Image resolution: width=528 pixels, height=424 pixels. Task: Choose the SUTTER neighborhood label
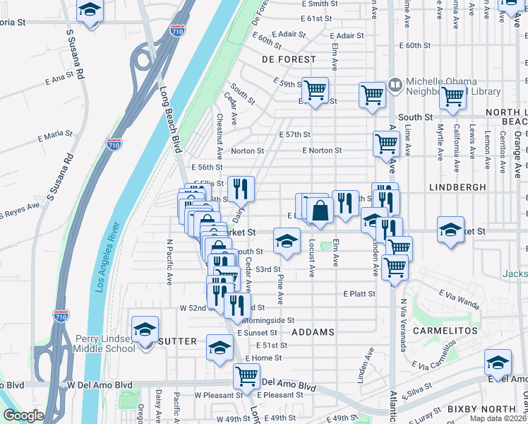[178, 341]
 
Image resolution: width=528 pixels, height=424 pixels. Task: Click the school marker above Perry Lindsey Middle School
[145, 330]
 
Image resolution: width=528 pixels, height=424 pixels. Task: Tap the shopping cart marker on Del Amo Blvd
[246, 375]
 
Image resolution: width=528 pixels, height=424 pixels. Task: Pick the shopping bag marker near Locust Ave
[320, 210]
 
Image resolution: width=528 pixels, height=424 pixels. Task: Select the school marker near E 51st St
[220, 348]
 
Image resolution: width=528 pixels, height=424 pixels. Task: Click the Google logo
[23, 416]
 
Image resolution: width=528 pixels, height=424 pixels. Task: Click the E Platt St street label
[359, 293]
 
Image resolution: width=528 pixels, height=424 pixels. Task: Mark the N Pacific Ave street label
[169, 261]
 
